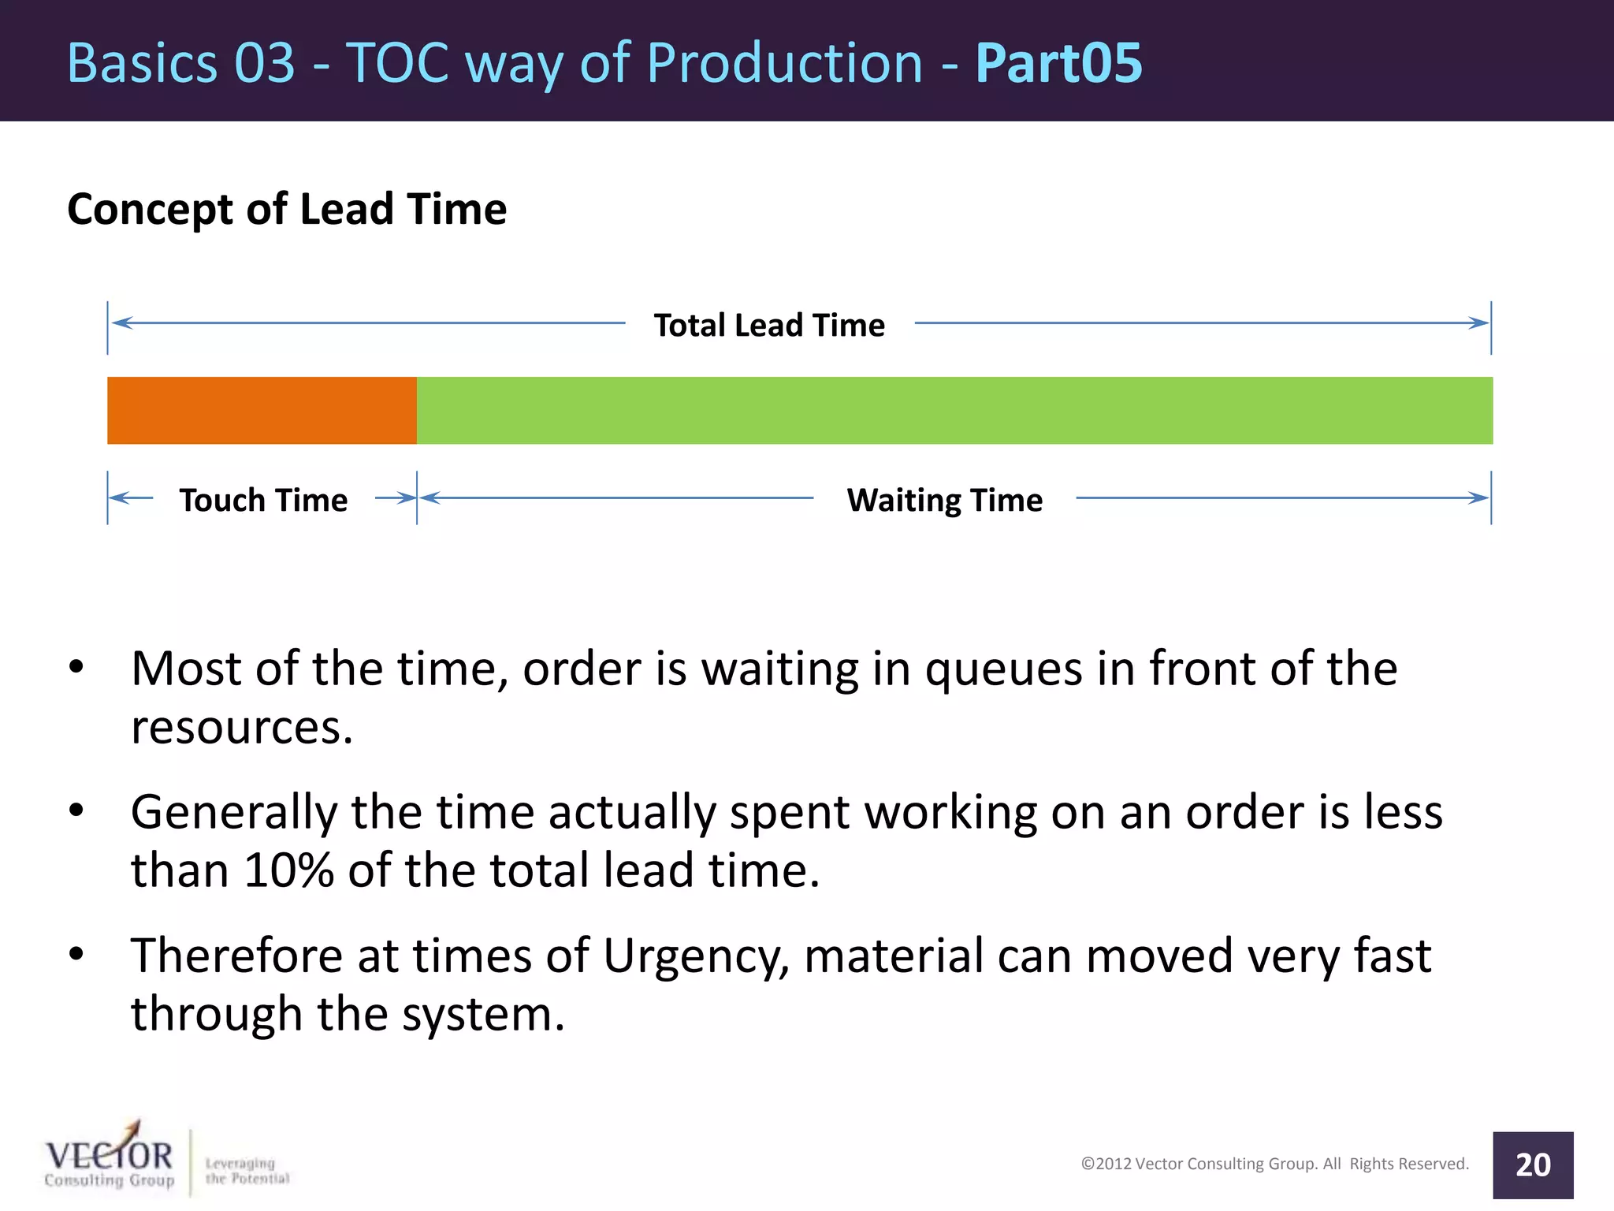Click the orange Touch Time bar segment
[x=262, y=410]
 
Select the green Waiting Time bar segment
[x=954, y=410]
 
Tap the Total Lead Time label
[x=769, y=325]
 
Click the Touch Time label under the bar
[x=263, y=500]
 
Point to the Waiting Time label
[x=944, y=500]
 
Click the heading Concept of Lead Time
[x=287, y=209]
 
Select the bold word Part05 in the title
[x=1058, y=63]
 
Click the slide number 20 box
[x=1532, y=1164]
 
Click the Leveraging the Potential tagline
[x=247, y=1171]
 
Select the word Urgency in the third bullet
[x=696, y=956]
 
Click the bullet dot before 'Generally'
[x=76, y=810]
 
